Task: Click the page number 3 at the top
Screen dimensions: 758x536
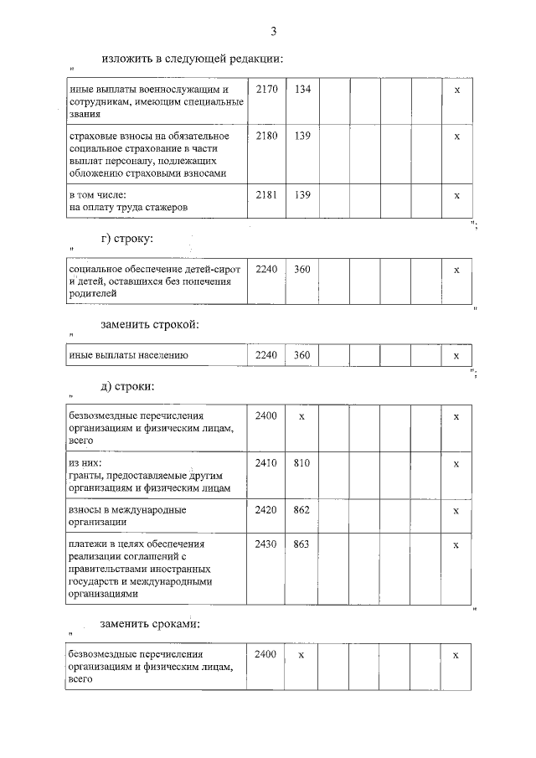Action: (273, 32)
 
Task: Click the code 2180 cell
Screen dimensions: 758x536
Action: (265, 135)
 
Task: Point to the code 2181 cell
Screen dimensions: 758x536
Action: (265, 194)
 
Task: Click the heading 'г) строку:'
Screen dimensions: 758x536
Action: (126, 239)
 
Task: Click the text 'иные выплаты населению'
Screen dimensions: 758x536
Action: (128, 356)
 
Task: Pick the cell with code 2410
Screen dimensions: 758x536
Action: (265, 463)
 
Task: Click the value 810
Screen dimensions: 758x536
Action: (302, 463)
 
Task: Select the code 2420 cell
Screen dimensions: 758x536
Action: (265, 510)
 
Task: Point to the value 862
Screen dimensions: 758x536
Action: (302, 510)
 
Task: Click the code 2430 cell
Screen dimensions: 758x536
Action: (265, 544)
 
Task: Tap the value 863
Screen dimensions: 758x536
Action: (302, 544)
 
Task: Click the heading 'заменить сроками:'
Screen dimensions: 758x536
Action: (150, 624)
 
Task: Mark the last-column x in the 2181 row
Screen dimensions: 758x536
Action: (456, 194)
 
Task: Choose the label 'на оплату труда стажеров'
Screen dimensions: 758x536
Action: (128, 206)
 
